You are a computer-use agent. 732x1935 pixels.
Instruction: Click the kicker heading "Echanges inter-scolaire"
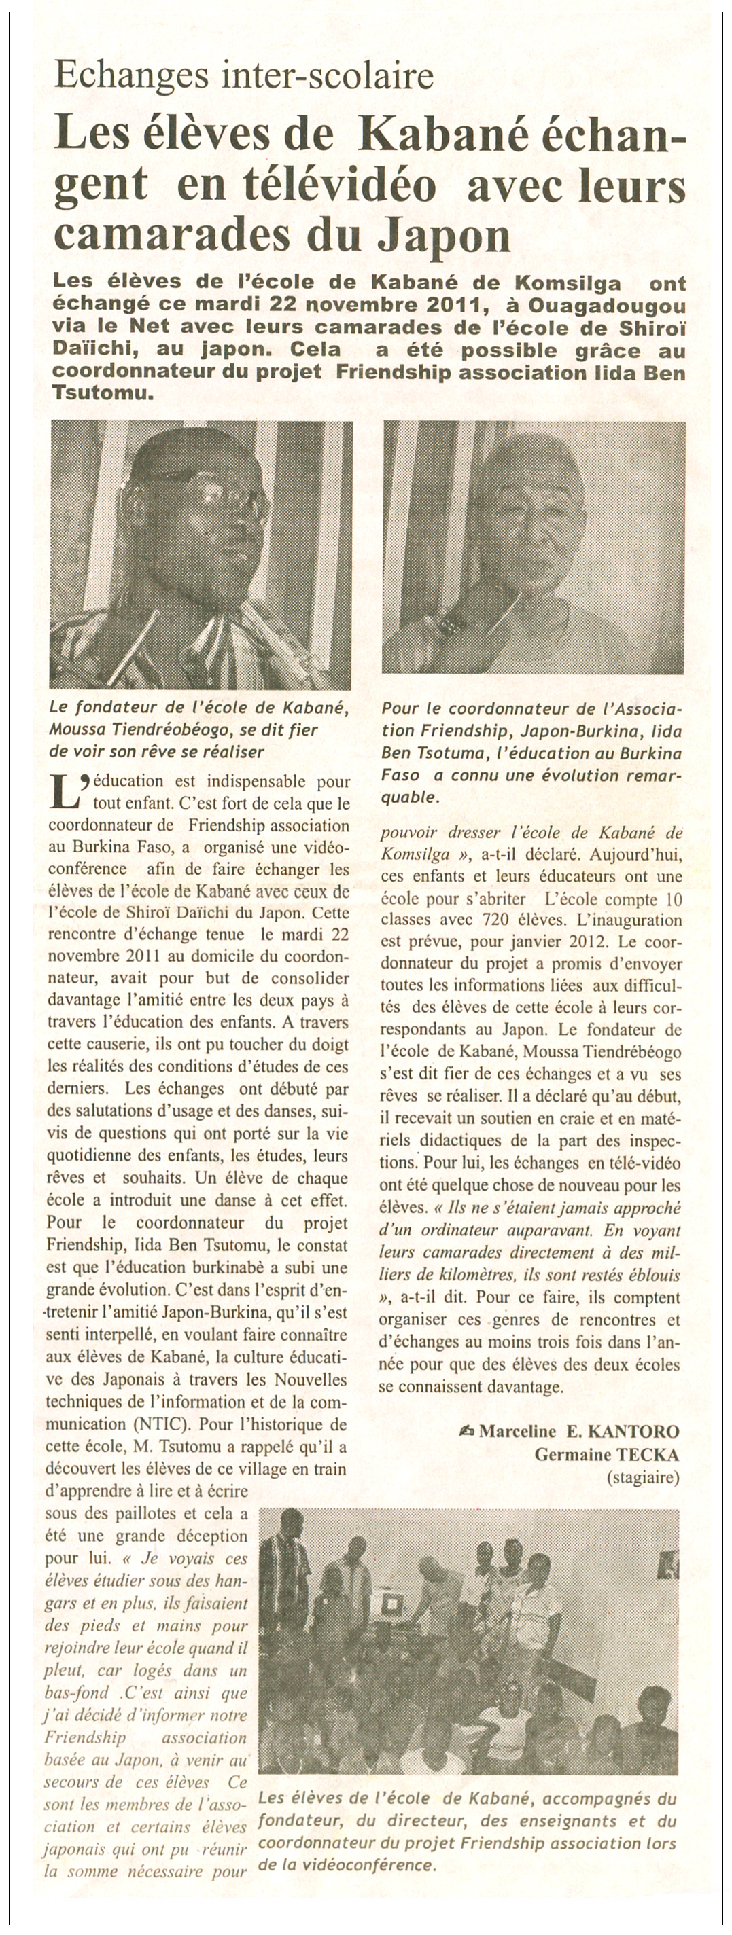coord(245,75)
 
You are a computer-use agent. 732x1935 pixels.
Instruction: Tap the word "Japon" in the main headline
coord(444,236)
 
